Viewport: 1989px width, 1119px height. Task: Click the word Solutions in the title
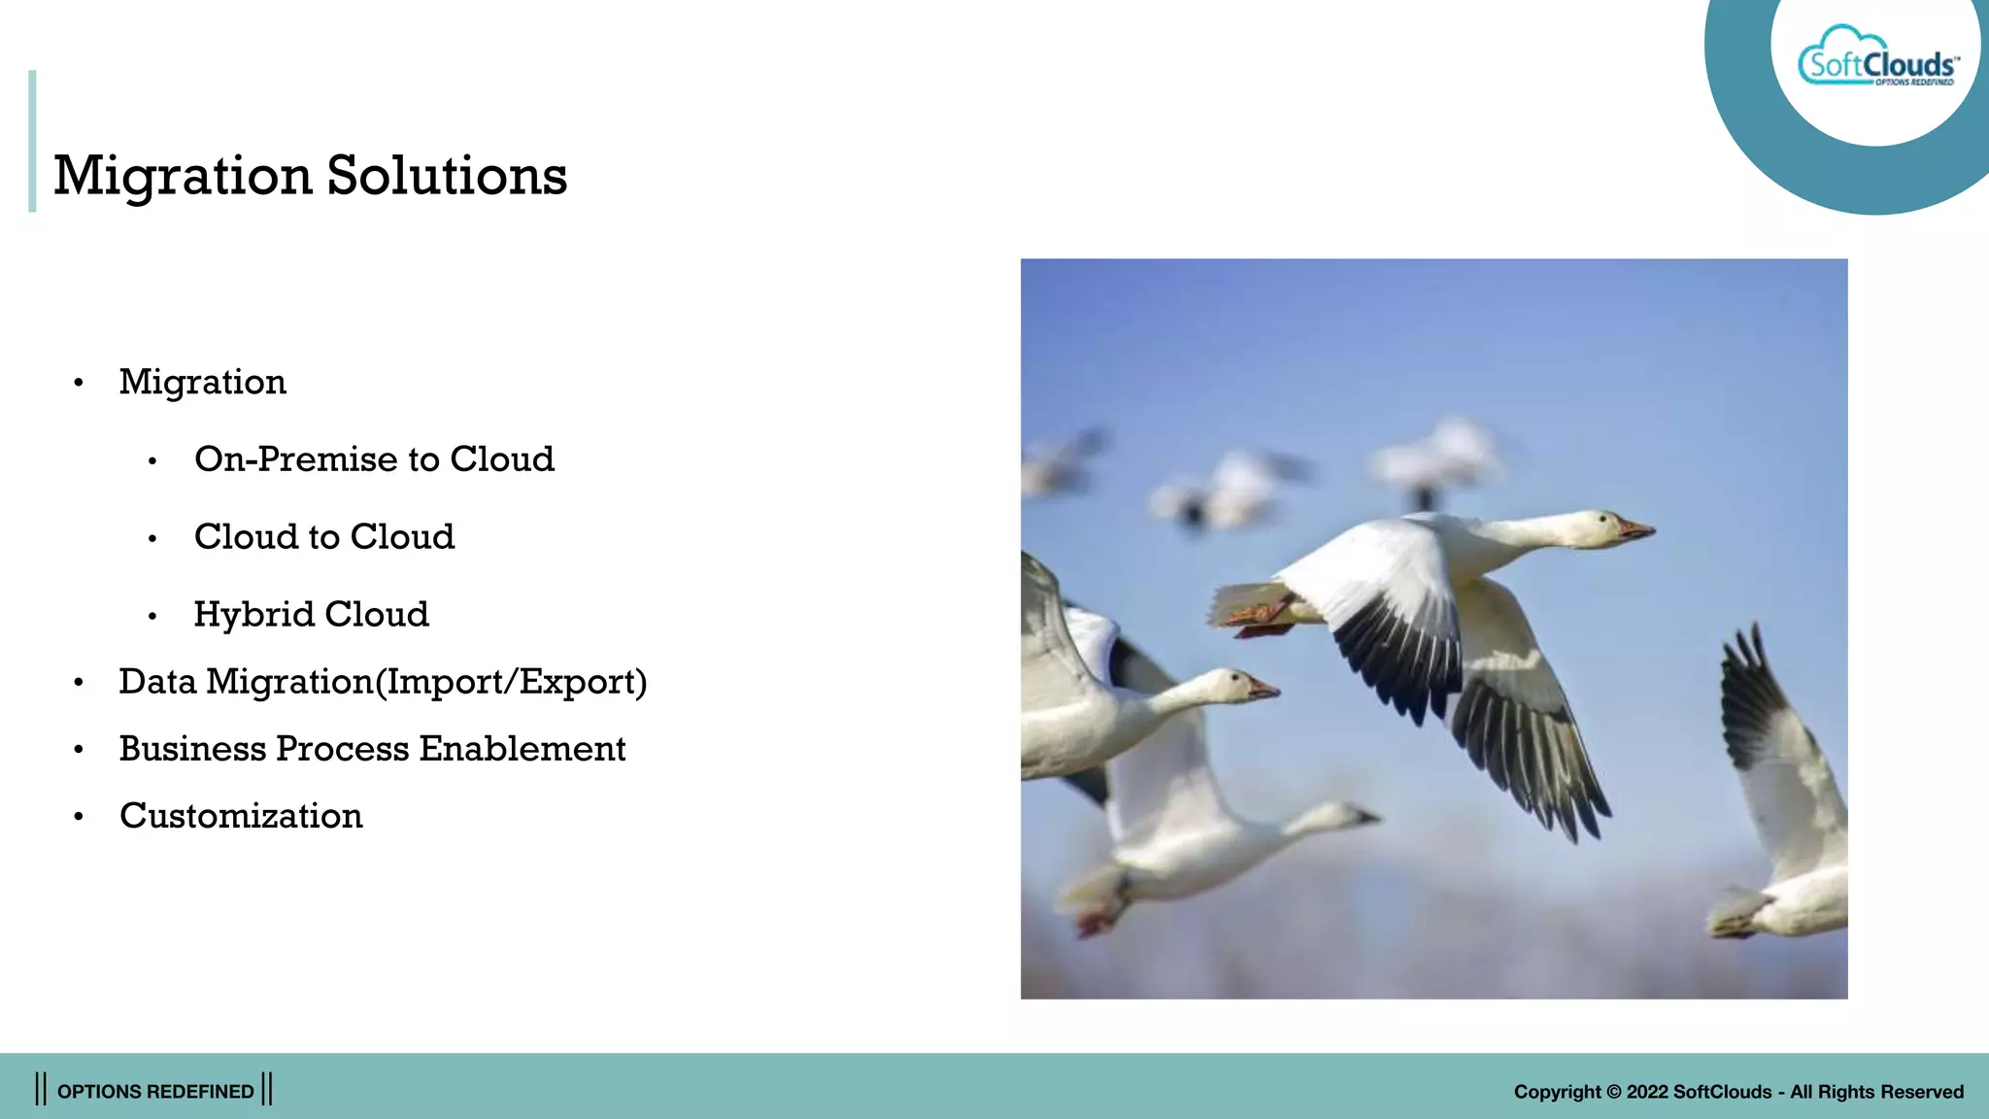(447, 176)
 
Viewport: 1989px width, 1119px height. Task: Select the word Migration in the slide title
(183, 176)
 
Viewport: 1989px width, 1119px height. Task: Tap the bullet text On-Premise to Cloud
(374, 458)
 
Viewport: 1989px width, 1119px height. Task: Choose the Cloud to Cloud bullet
(323, 536)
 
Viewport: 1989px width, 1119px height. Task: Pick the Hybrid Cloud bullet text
(311, 614)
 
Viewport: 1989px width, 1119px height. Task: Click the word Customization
(241, 816)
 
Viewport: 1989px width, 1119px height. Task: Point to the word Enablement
(523, 749)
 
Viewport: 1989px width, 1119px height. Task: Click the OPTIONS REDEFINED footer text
(155, 1091)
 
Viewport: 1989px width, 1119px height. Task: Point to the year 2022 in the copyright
(1647, 1092)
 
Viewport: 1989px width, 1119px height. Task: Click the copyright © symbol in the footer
(1614, 1092)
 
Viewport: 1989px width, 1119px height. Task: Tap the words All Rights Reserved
(1876, 1092)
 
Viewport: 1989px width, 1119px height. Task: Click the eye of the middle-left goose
(1235, 676)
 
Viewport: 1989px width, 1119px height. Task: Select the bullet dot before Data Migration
(79, 683)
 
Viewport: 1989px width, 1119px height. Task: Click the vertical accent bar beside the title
(32, 141)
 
